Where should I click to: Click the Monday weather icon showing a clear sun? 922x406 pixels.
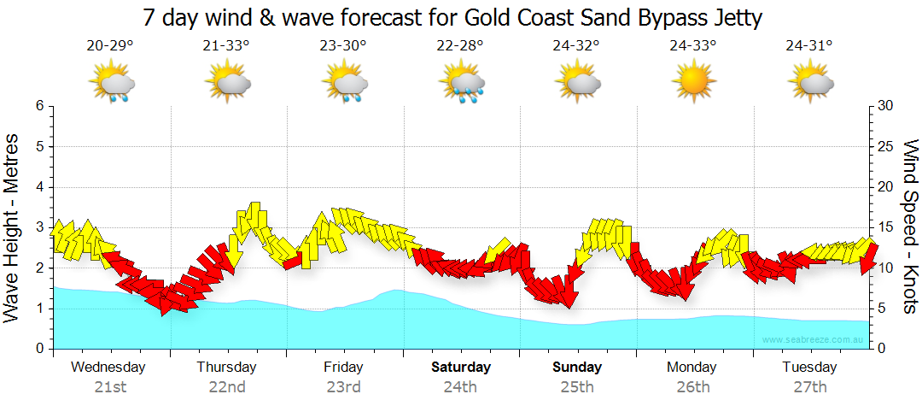pos(693,80)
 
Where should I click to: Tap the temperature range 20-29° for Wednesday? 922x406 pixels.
pos(110,46)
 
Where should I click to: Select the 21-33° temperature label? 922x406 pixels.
pos(227,46)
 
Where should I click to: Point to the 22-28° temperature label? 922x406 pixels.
pos(460,46)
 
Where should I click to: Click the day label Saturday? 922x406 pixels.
pos(460,368)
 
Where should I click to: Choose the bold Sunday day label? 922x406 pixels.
pos(577,368)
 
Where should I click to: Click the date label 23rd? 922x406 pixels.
pos(343,386)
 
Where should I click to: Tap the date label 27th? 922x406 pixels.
pos(810,386)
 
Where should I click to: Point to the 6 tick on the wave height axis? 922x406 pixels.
pos(39,106)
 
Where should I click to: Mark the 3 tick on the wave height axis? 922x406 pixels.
pos(39,227)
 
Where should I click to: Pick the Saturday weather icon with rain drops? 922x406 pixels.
pos(461,82)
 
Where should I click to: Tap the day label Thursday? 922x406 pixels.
pos(227,368)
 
